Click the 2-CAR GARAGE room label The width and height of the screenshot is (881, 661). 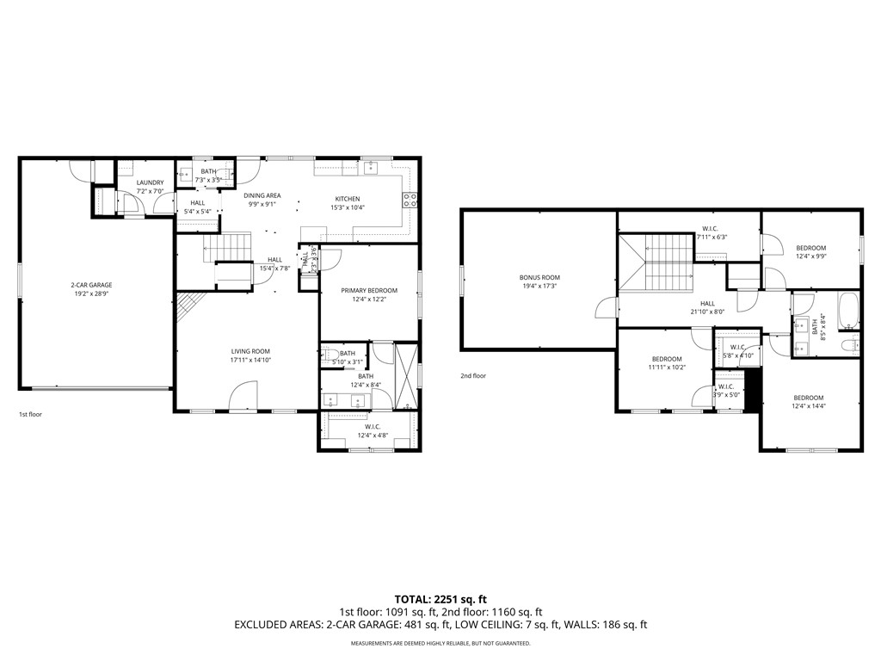point(91,285)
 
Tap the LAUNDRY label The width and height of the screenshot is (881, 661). point(150,182)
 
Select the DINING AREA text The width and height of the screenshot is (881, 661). point(264,195)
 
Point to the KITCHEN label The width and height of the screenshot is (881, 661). point(347,199)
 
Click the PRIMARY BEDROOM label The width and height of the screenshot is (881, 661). point(368,290)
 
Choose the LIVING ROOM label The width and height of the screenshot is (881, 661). point(250,351)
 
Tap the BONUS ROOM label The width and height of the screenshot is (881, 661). point(539,277)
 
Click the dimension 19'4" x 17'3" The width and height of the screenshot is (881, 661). point(539,286)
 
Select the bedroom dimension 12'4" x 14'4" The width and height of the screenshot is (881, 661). point(810,406)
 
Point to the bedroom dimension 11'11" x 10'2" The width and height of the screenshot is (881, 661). point(667,368)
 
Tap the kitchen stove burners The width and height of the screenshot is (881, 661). point(410,201)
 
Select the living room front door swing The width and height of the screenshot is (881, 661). point(243,397)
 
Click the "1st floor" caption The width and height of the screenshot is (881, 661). point(30,415)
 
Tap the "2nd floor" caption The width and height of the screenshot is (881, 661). point(472,376)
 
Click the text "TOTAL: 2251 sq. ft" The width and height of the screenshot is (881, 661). point(440,599)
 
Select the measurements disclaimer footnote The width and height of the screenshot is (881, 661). point(440,643)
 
